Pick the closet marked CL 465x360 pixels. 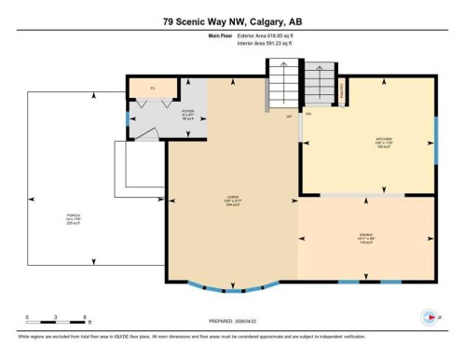point(154,89)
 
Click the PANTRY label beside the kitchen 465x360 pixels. point(342,90)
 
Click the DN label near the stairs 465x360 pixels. point(308,114)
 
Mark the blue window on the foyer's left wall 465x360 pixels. point(128,119)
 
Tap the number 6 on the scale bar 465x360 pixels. point(85,317)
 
